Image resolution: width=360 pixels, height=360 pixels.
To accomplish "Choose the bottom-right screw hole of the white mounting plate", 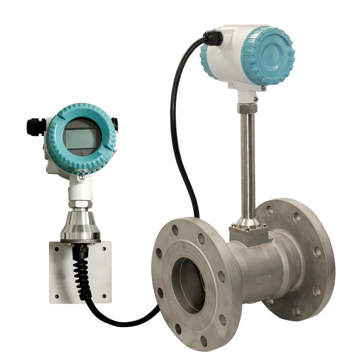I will [104, 297].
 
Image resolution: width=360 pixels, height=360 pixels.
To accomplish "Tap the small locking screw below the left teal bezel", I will [81, 178].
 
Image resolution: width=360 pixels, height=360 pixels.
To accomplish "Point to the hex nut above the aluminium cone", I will [81, 203].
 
